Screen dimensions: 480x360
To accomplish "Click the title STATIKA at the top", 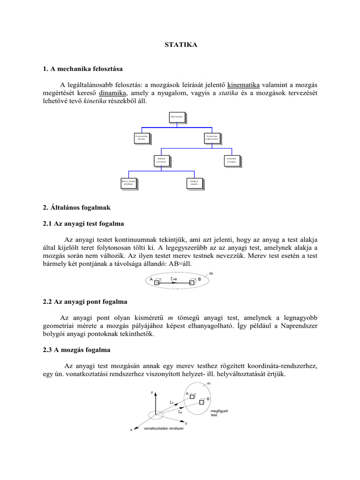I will pyautogui.click(x=180, y=45).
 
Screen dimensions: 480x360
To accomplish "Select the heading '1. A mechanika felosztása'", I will pyautogui.click(x=82, y=69).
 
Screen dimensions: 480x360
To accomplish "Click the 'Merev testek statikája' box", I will pyautogui.click(x=128, y=182).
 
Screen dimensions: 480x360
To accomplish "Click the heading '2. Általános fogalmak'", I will pyautogui.click(x=76, y=207).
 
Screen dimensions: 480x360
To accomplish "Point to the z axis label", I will pyautogui.click(x=151, y=392).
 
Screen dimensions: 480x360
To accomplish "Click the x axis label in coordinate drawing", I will pyautogui.click(x=131, y=429).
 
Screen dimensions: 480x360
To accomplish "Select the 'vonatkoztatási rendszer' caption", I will pyautogui.click(x=163, y=428).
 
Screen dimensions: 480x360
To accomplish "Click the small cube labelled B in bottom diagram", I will pyautogui.click(x=202, y=402).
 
